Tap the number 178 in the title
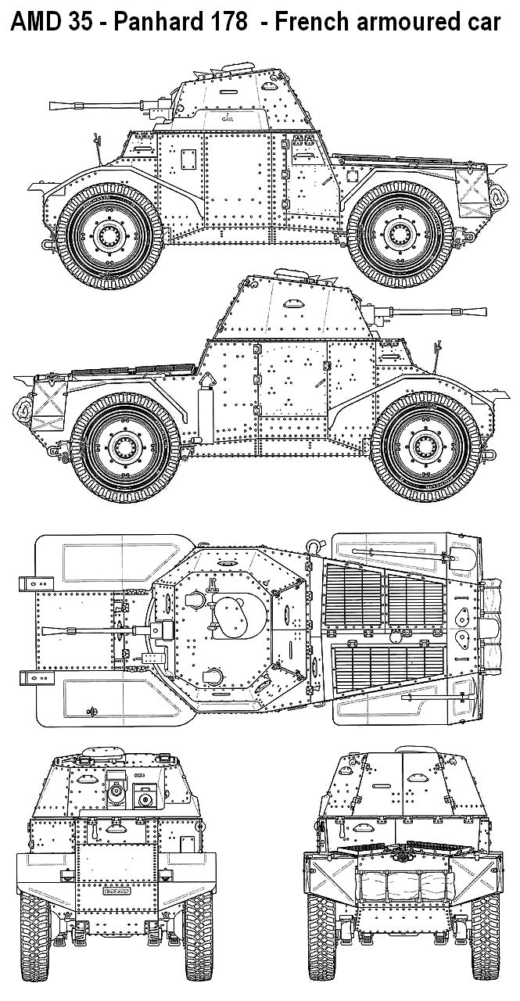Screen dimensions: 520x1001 228,21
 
